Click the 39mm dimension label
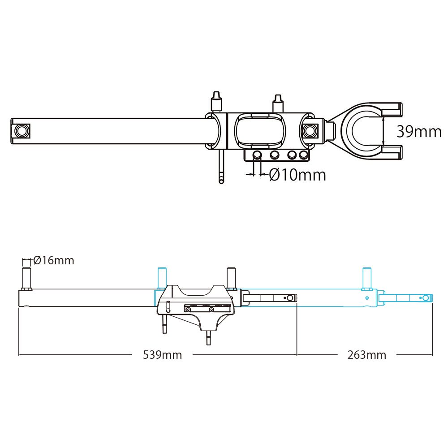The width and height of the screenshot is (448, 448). click(419, 131)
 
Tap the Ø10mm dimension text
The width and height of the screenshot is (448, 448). click(297, 175)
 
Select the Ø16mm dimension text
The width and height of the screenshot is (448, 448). click(54, 260)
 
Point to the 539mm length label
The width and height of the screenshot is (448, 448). click(162, 355)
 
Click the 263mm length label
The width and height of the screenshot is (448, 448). click(367, 355)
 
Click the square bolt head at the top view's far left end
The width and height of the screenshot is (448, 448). click(21, 131)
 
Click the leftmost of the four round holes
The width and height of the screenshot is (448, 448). click(257, 155)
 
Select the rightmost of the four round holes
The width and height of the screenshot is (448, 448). click(303, 155)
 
